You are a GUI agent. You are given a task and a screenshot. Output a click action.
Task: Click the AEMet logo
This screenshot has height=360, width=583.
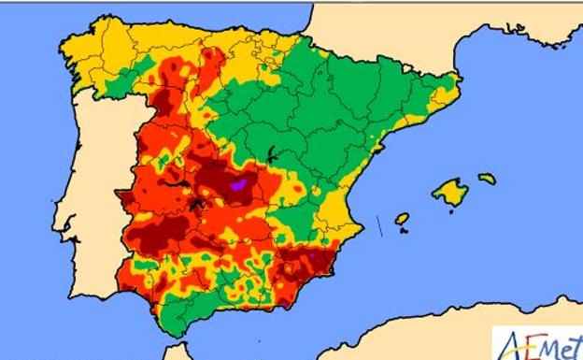click(x=538, y=343)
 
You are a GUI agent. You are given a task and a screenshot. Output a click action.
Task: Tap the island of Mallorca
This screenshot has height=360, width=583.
click(x=450, y=193)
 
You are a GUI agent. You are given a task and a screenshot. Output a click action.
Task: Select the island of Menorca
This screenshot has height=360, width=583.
click(x=487, y=178)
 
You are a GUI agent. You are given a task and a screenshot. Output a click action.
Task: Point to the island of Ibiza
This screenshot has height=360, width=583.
click(x=402, y=219)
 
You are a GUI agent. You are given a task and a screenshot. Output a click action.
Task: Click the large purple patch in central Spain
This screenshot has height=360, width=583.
click(x=237, y=187)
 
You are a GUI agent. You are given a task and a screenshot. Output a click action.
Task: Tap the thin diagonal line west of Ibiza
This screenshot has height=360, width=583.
click(x=379, y=225)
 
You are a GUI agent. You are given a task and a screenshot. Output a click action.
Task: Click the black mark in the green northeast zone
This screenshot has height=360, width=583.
click(x=271, y=154)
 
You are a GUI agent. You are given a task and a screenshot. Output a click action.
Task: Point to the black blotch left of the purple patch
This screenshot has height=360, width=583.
click(x=198, y=200)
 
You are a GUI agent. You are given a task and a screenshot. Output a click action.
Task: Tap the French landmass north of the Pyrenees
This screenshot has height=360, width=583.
click(x=392, y=28)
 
